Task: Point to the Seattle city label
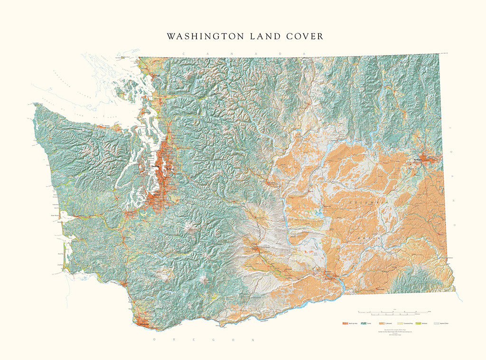pos(155,167)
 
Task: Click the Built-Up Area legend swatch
pos(345,323)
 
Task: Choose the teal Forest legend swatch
pos(363,323)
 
